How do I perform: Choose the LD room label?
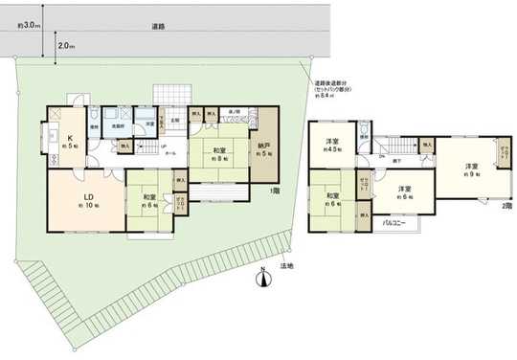(83, 199)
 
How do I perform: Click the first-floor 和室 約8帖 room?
(219, 153)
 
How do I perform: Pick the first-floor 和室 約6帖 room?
(148, 200)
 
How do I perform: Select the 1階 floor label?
(275, 191)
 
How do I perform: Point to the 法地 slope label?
(286, 264)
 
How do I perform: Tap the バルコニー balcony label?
(394, 222)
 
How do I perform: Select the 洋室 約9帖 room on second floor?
(469, 169)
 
